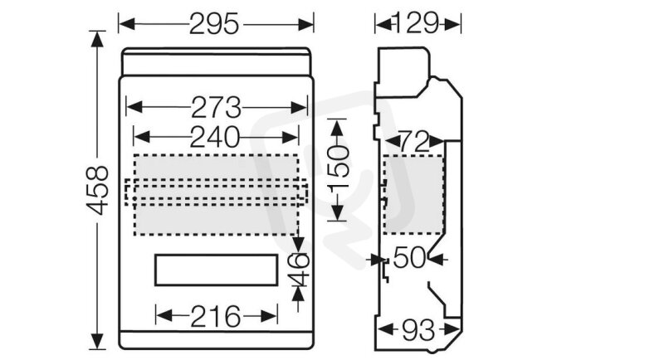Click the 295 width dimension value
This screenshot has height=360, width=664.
214,24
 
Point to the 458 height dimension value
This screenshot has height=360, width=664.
97,190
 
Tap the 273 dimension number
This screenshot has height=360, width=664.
216,108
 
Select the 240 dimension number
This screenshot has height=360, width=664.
215,138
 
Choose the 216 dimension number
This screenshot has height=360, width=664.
216,317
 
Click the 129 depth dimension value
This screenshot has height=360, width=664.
417,23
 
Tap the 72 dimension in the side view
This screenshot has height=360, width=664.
414,143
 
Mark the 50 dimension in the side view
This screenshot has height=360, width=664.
409,258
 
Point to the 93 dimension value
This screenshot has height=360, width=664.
418,330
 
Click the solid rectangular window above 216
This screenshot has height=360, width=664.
216,270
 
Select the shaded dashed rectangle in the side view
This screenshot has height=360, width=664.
413,194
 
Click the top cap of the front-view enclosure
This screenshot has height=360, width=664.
217,61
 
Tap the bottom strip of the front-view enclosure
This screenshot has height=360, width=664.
217,341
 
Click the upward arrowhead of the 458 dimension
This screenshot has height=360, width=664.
97,39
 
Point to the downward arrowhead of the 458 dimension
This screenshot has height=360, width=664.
97,341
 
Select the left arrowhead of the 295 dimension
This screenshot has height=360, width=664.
127,24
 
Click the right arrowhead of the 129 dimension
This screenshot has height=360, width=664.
452,24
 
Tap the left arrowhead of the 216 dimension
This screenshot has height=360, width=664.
164,316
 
